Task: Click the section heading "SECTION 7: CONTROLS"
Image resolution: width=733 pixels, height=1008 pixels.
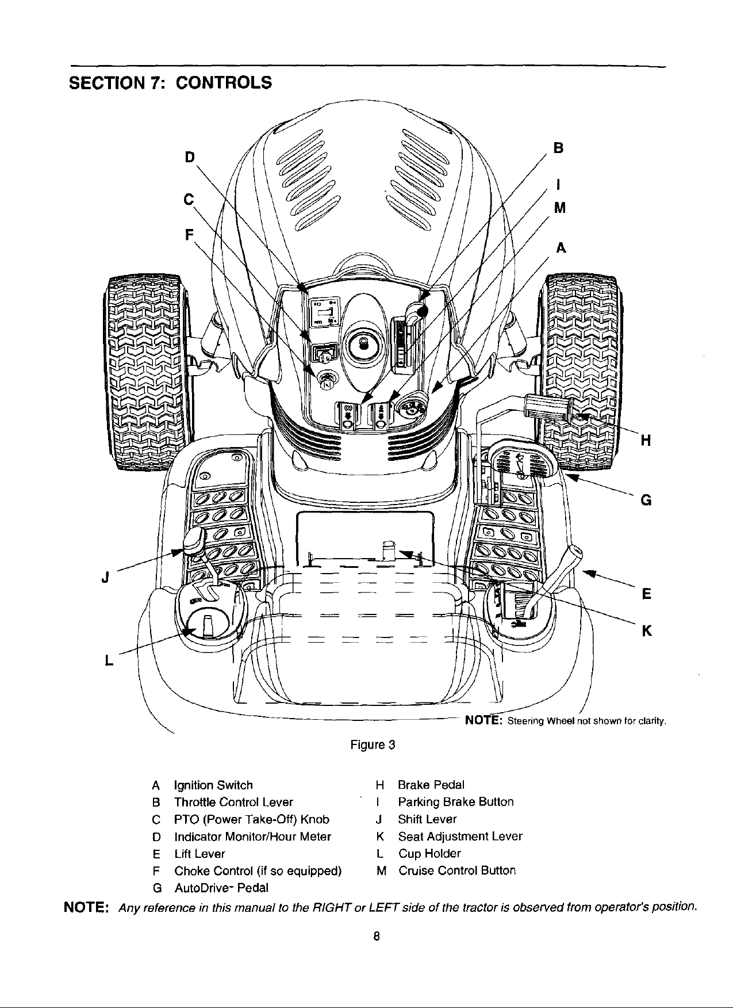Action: [x=170, y=82]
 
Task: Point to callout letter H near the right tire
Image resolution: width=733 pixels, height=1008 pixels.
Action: [x=646, y=441]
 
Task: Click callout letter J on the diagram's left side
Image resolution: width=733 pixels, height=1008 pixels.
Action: [x=106, y=576]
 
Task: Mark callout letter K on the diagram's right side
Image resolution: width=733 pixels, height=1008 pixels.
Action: [x=646, y=632]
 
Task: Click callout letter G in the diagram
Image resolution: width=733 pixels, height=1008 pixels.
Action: [x=646, y=500]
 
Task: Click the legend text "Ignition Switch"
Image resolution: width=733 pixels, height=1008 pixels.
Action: [x=213, y=785]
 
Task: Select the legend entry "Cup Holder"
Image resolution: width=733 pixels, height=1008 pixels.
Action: [x=429, y=853]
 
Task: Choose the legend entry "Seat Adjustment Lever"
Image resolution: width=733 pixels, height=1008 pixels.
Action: [x=460, y=836]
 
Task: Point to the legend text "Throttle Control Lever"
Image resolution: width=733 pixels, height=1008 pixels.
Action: [x=233, y=802]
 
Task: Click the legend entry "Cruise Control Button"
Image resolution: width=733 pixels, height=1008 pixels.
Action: [x=457, y=870]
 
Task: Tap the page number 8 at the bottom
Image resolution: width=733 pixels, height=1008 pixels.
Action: [x=375, y=936]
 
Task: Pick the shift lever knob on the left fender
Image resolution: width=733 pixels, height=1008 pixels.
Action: [x=194, y=540]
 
